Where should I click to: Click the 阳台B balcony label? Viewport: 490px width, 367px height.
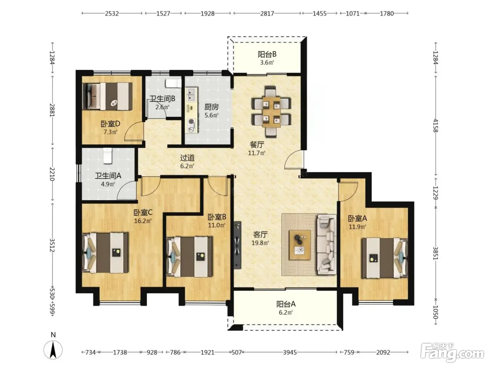pyautogui.click(x=267, y=54)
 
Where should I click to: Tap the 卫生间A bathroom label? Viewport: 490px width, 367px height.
pyautogui.click(x=108, y=175)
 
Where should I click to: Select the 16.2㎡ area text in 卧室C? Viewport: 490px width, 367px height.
pyautogui.click(x=143, y=221)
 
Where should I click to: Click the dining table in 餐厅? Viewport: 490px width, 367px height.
pyautogui.click(x=272, y=112)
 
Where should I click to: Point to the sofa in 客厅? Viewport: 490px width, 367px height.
pyautogui.click(x=327, y=244)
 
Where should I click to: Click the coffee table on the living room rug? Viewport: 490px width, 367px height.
pyautogui.click(x=300, y=245)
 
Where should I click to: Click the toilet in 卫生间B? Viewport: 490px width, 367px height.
pyautogui.click(x=174, y=83)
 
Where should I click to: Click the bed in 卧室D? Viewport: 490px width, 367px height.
pyautogui.click(x=107, y=96)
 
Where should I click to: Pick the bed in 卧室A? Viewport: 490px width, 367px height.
pyautogui.click(x=385, y=258)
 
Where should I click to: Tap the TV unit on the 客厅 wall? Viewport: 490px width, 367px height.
pyautogui.click(x=237, y=245)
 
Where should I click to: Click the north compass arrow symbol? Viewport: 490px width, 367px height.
pyautogui.click(x=53, y=350)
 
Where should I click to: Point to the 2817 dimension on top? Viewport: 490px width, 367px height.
pyautogui.click(x=267, y=14)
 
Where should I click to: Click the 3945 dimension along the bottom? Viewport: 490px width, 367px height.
pyautogui.click(x=290, y=352)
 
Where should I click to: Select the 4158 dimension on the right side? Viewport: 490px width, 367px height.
pyautogui.click(x=435, y=125)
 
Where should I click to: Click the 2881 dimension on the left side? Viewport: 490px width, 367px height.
pyautogui.click(x=52, y=110)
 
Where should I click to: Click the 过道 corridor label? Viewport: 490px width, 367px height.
pyautogui.click(x=187, y=158)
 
